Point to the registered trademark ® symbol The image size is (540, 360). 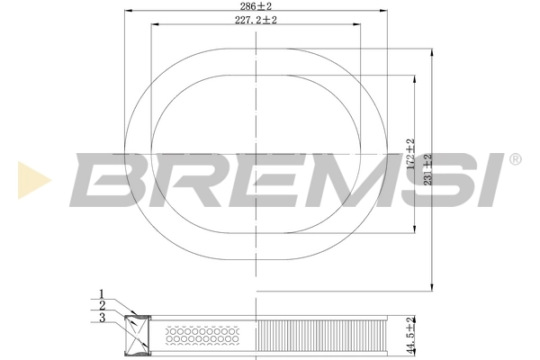[515, 159]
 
